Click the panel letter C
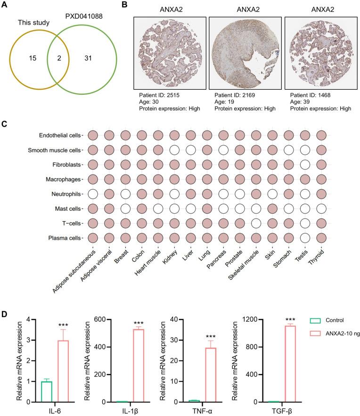pyautogui.click(x=4, y=124)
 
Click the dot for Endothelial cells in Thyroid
pyautogui.click(x=321, y=136)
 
